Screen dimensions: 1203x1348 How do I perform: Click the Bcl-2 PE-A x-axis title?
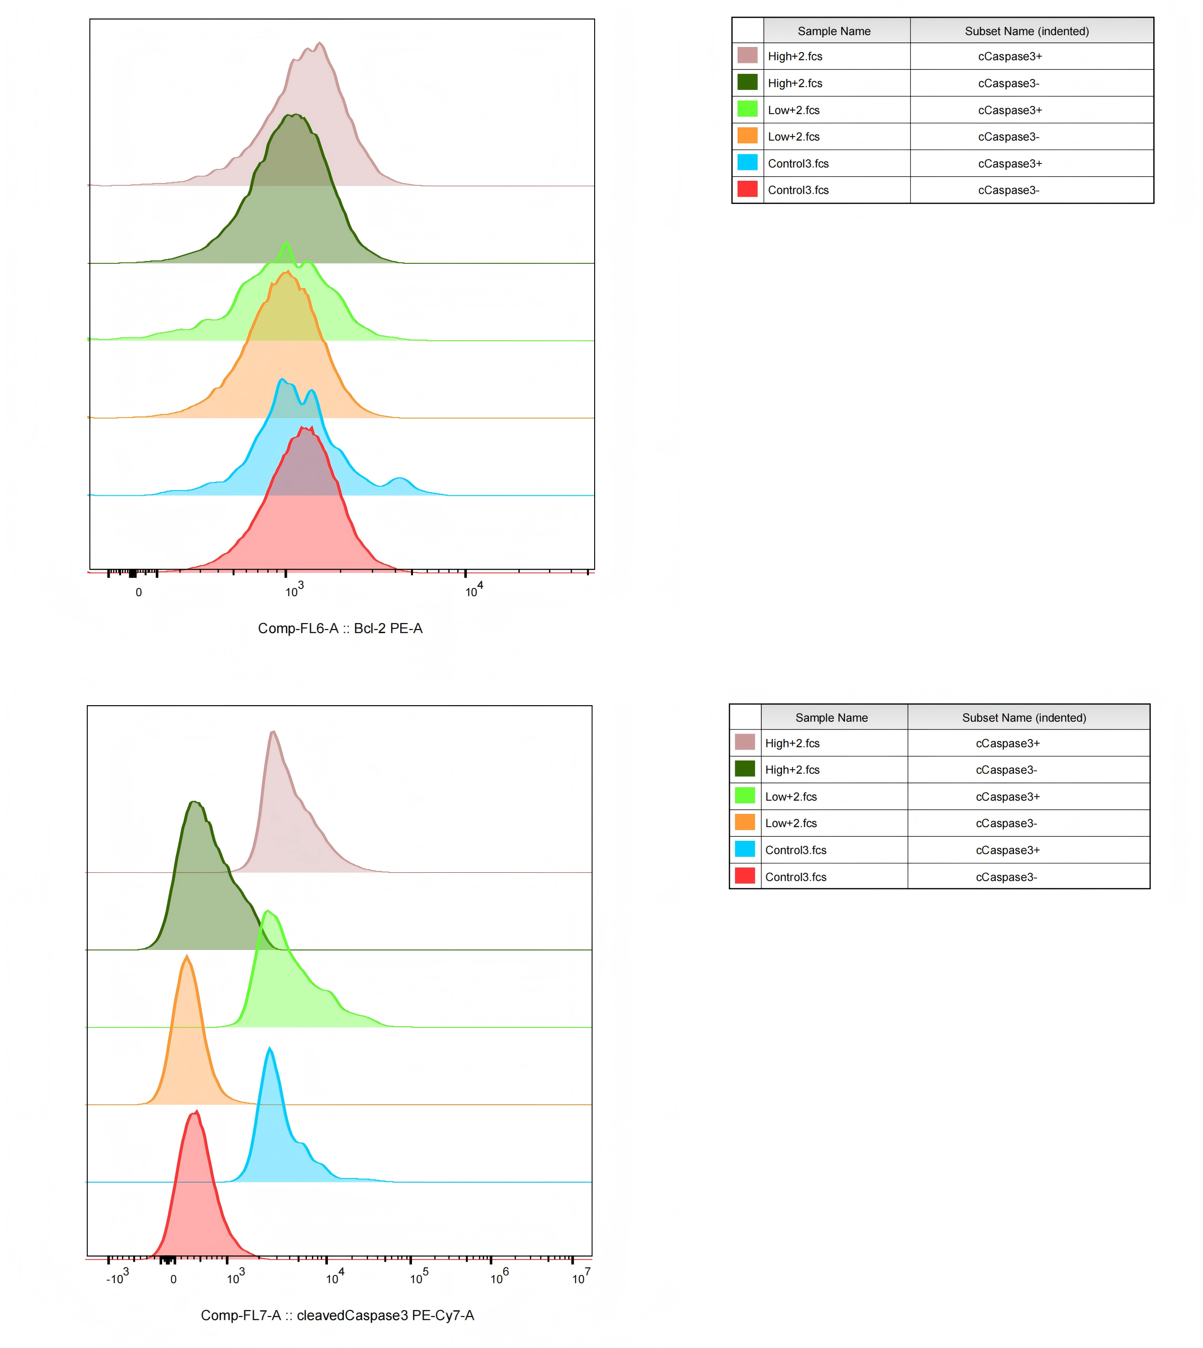(x=340, y=629)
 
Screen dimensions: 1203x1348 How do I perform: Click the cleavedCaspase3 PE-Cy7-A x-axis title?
(x=337, y=1315)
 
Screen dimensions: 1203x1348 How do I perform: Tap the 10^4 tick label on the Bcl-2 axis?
(x=474, y=589)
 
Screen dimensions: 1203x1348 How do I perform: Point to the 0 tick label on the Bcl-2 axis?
(x=139, y=593)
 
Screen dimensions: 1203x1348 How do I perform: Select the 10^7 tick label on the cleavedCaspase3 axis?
(x=581, y=1276)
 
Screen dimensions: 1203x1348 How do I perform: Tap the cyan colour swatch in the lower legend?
(x=745, y=849)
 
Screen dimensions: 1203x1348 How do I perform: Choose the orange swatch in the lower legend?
(x=745, y=822)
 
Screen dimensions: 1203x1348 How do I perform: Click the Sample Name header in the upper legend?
(x=834, y=31)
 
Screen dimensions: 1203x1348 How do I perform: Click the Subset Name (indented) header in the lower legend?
(x=1024, y=718)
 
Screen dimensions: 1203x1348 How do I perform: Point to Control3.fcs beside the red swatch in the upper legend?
(x=798, y=190)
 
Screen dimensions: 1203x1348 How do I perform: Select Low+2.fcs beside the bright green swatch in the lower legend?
(x=791, y=797)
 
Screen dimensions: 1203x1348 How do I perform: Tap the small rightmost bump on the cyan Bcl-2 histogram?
(x=399, y=478)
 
